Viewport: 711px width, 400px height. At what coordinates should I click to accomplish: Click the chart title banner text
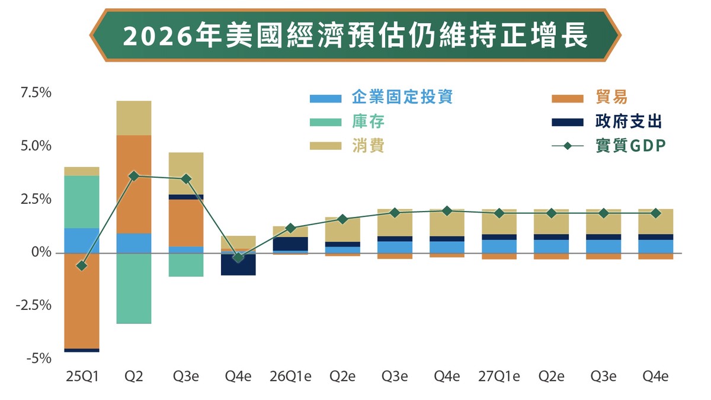(x=355, y=36)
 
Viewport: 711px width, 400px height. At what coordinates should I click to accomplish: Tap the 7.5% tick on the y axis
(x=37, y=93)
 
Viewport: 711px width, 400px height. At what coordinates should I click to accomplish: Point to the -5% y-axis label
(x=40, y=359)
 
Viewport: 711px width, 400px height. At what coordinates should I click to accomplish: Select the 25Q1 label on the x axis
(x=82, y=377)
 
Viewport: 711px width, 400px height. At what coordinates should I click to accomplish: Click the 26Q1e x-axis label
(x=290, y=377)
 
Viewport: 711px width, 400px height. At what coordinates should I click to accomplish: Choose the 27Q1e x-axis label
(x=499, y=377)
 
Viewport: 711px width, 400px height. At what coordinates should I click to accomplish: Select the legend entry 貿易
(x=611, y=97)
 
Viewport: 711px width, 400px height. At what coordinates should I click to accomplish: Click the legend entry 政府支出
(x=629, y=122)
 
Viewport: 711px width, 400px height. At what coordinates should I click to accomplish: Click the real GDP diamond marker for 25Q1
(x=82, y=265)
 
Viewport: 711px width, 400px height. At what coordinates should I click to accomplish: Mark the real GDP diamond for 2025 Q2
(x=134, y=176)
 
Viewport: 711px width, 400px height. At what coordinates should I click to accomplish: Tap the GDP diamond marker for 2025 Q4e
(x=238, y=257)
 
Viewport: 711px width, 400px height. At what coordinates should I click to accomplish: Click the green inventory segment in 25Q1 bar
(x=82, y=201)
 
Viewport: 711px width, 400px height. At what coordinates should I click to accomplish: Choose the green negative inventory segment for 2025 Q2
(x=134, y=288)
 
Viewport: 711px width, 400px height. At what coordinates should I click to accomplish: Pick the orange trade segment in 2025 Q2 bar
(x=134, y=184)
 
